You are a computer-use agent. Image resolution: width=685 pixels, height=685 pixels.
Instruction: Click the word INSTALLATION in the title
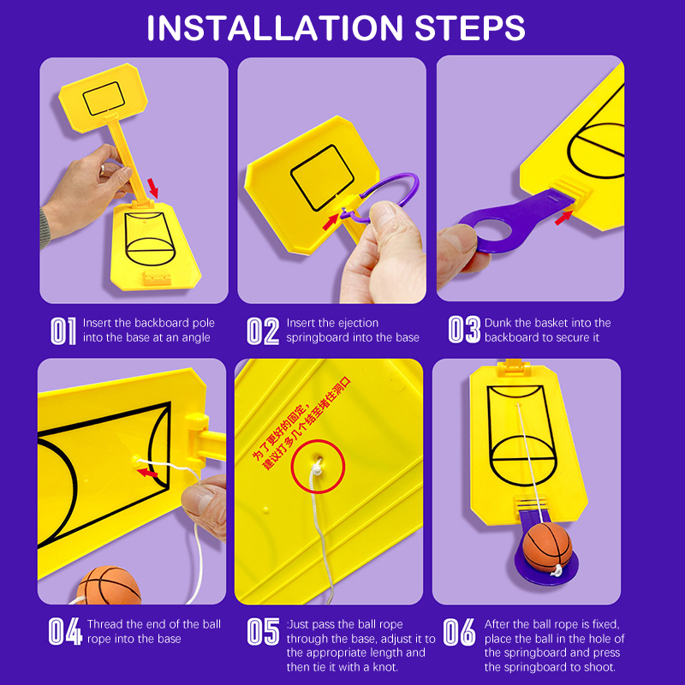[274, 28]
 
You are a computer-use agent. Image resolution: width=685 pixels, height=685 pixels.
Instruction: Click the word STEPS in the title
[469, 28]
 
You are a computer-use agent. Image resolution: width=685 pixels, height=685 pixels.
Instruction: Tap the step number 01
[63, 331]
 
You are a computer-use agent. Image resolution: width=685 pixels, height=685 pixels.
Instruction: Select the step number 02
[263, 331]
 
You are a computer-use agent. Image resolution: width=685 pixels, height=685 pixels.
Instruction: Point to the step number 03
[464, 330]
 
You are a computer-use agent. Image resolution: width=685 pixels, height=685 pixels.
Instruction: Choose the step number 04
[65, 631]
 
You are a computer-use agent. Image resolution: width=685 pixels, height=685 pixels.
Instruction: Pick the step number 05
[263, 631]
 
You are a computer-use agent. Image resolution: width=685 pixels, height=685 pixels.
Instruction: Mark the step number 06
[459, 631]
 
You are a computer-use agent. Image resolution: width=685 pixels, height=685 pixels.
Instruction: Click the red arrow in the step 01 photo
[152, 188]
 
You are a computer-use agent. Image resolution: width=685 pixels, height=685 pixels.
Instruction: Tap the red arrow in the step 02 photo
[331, 222]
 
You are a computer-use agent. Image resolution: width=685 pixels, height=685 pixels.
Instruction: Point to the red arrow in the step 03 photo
[563, 217]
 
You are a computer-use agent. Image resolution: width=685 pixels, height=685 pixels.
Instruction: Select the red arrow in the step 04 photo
[147, 473]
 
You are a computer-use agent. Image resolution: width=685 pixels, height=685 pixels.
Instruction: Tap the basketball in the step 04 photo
[110, 586]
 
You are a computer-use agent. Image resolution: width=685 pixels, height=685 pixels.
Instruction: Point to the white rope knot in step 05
[316, 469]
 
